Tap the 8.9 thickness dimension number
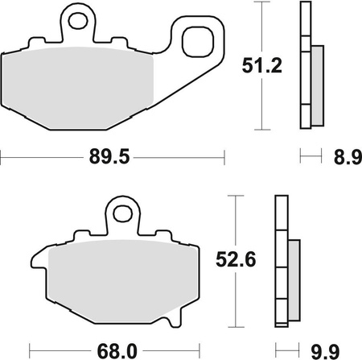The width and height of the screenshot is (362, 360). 343,159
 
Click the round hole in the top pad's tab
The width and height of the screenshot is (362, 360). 78,15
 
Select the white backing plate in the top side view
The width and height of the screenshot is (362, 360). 305,64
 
